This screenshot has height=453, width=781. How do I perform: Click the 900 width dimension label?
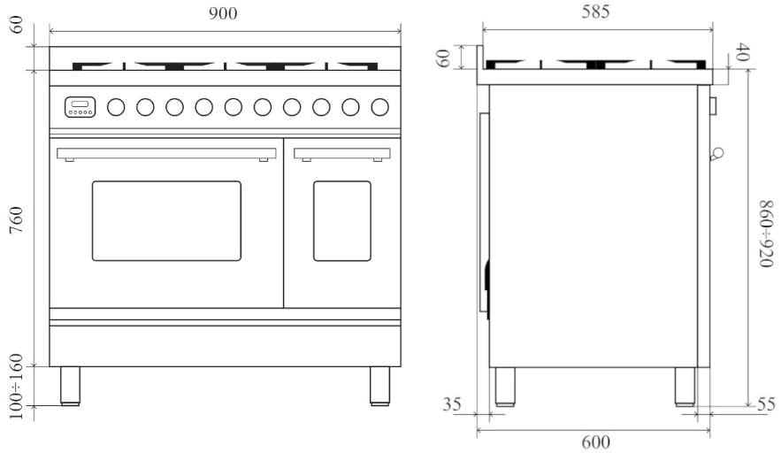coord(224,12)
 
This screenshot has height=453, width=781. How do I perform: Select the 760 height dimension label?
coord(16,219)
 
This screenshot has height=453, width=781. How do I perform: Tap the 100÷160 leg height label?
coord(16,388)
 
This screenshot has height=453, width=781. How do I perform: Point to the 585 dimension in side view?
coord(595,12)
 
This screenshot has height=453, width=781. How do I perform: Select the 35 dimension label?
coord(452,405)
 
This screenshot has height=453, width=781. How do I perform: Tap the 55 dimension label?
coord(766,405)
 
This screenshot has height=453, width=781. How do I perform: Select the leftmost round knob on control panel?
coord(116,107)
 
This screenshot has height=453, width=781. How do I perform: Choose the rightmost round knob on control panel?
coord(379,107)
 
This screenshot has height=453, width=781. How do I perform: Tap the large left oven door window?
coord(166,221)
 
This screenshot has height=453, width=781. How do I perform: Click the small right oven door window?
coord(342,221)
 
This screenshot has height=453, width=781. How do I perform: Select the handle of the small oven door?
coord(342,154)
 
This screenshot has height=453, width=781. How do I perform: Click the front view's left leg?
coord(70,386)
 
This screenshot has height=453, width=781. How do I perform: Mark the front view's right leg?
coord(379,386)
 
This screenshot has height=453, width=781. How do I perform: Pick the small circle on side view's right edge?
coord(717,153)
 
